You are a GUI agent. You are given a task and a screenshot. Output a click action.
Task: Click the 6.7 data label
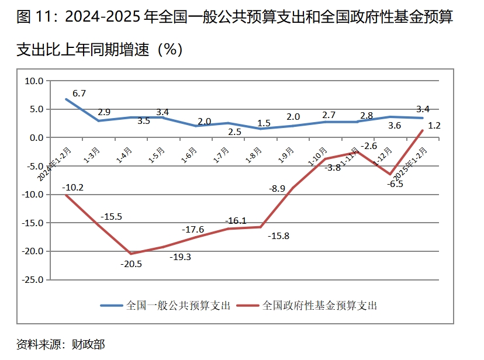click(x=79, y=93)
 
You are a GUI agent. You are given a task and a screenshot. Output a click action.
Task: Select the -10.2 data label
click(x=73, y=188)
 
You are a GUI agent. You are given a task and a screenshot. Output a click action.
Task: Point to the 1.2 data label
click(x=434, y=125)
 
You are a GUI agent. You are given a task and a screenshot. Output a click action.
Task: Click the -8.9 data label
click(x=277, y=189)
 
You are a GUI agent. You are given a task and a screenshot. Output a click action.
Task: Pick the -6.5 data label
click(x=395, y=184)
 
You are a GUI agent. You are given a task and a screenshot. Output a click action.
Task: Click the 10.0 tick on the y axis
click(x=33, y=81)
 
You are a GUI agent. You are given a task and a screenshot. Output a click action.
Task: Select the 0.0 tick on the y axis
click(x=36, y=137)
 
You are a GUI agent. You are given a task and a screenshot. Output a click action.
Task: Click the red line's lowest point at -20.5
click(x=130, y=254)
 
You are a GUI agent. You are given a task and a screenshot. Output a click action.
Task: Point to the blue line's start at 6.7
click(x=65, y=99)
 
